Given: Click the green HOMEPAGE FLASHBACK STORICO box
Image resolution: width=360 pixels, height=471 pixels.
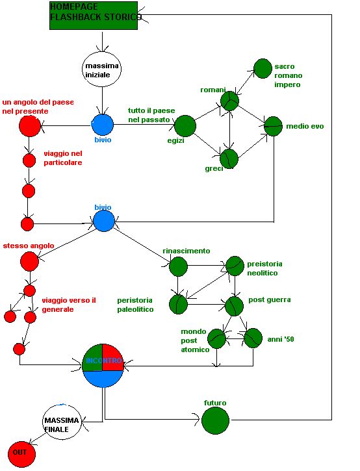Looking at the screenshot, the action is pos(94,16).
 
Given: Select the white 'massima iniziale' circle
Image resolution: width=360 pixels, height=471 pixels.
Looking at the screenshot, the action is pos(102,70).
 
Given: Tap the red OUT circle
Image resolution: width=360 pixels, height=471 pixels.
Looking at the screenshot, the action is pos(21,454).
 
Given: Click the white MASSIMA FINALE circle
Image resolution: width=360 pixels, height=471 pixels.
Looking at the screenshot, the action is pos(62,422).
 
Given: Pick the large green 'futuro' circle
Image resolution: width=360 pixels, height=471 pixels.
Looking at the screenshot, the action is pos(216,420).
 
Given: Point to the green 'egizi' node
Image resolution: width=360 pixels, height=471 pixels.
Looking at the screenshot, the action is pos(185,126).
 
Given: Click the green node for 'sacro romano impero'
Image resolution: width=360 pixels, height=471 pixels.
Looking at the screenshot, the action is pos(263,68).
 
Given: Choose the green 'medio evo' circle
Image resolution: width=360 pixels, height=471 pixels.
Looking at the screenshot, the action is pos(273,127).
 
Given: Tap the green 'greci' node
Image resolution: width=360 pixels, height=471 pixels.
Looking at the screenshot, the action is pos(229,159).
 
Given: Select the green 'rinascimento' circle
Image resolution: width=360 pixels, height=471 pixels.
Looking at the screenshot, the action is pos(179,266).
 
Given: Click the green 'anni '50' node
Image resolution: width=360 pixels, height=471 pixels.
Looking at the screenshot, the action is pos(253,338).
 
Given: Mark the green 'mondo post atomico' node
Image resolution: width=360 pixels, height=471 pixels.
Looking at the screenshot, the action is pos(216,339).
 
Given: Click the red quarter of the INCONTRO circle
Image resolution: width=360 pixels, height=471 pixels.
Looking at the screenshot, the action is pos(112,357).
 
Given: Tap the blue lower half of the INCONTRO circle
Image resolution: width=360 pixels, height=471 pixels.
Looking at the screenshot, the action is pos(103,379).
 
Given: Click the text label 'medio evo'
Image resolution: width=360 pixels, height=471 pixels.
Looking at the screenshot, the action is pos(305,126).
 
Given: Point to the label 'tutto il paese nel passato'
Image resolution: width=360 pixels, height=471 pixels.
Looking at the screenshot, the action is pos(151,115).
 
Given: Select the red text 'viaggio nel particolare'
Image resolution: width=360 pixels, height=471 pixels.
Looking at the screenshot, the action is pos(63,158).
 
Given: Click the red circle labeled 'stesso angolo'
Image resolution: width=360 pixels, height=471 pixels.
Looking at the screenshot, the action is pos(29,261).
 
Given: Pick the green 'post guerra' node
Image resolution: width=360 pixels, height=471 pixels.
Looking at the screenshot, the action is pos(235,306).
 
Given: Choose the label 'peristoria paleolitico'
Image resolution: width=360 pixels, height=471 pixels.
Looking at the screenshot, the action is pos(135,305).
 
